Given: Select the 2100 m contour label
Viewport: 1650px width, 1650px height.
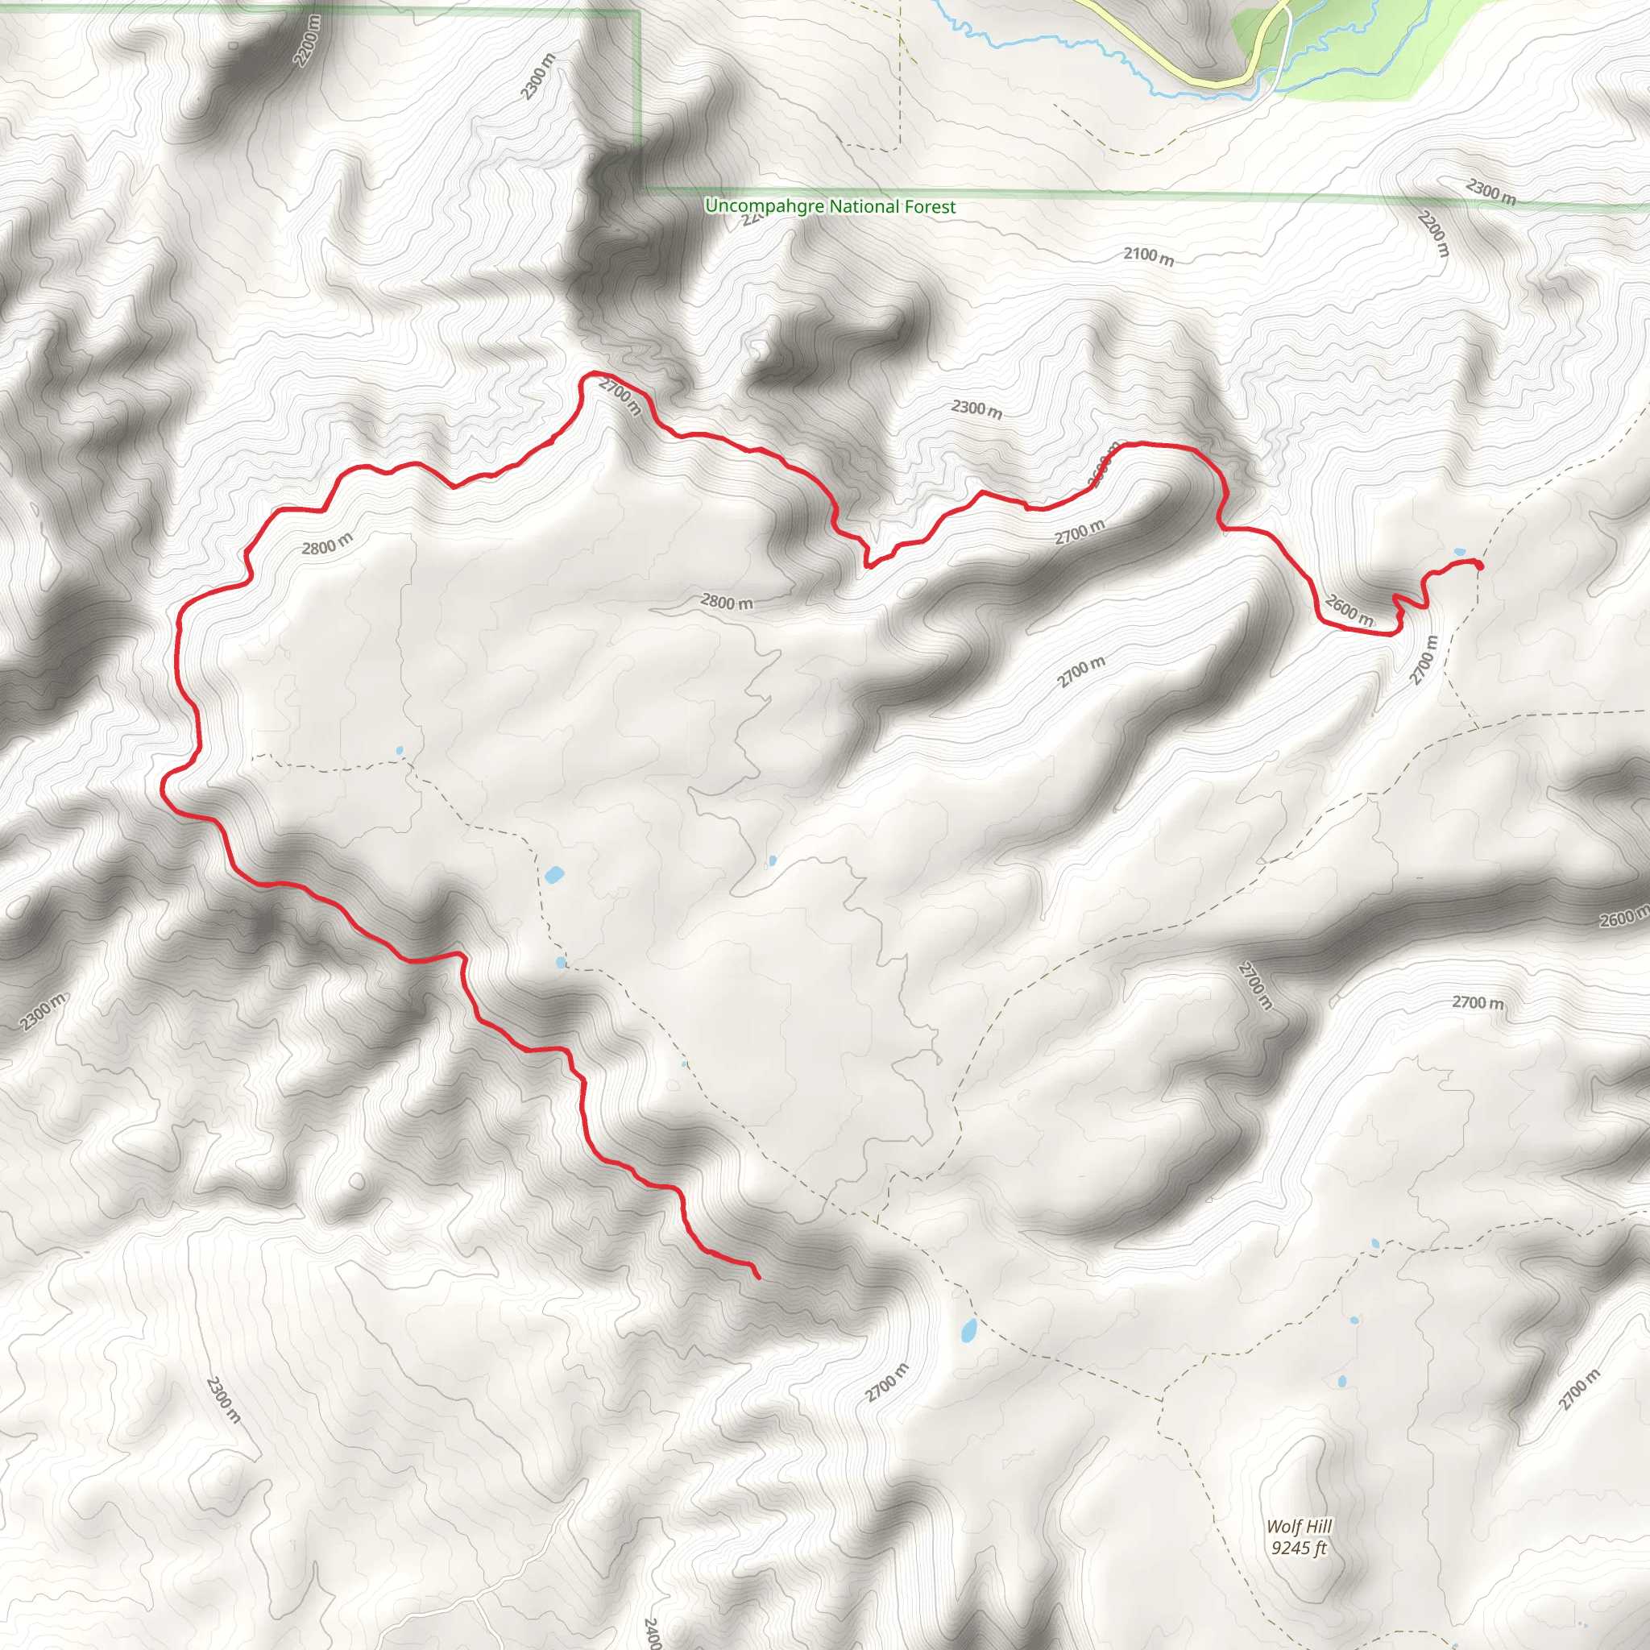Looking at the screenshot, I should (1148, 255).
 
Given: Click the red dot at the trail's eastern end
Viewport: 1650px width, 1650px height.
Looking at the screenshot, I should (1478, 565).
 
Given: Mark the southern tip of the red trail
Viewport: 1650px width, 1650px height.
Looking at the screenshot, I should (758, 1278).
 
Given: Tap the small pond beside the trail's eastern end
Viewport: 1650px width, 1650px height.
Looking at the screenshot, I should (1460, 552).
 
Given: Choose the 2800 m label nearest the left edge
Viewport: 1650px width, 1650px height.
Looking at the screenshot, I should (327, 544).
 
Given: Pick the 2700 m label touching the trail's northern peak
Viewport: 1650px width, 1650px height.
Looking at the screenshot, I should (620, 396).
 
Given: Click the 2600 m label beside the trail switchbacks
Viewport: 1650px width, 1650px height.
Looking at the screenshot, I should (1349, 611).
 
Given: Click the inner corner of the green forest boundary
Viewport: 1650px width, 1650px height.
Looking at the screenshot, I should (641, 189).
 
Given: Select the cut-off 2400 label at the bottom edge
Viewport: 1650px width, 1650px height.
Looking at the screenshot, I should (652, 1631).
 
